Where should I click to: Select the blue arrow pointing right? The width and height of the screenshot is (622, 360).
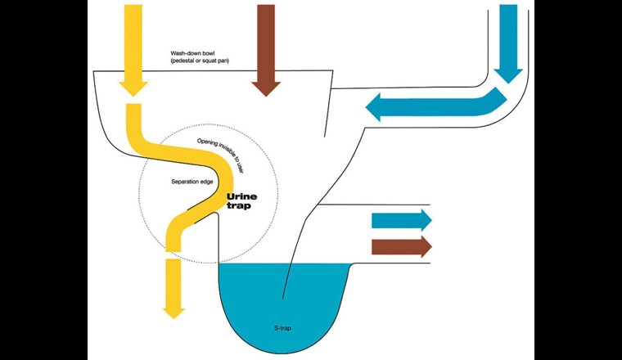(401, 219)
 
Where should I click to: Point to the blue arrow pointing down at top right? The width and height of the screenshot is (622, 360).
(508, 41)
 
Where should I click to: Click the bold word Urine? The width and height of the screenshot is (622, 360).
(243, 196)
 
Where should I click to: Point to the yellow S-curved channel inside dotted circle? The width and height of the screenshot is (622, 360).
(196, 192)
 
